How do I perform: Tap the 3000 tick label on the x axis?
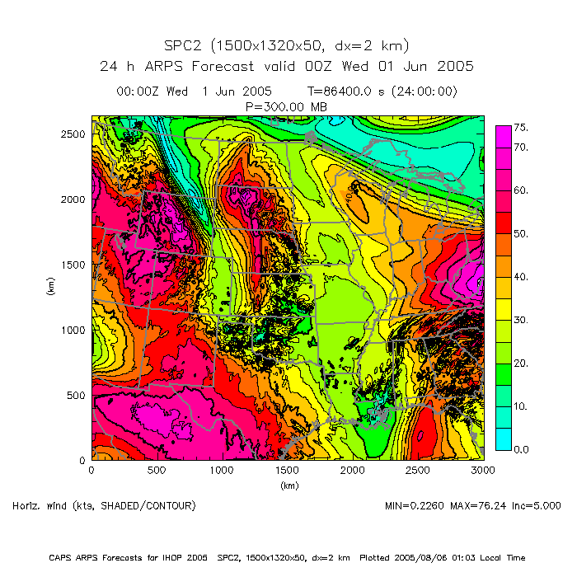[483, 470]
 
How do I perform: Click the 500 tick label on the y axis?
[77, 395]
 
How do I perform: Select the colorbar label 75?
[520, 128]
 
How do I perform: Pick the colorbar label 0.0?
[520, 449]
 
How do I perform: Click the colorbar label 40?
[520, 277]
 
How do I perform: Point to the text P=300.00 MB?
[286, 106]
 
